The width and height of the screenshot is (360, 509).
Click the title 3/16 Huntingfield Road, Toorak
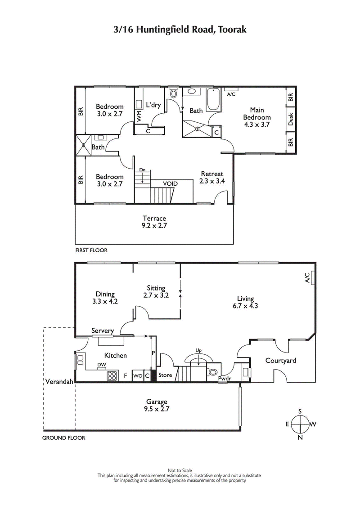180,30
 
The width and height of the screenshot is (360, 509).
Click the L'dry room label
153,105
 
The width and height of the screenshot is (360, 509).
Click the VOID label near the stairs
170,184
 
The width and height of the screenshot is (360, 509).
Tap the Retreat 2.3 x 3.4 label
211,178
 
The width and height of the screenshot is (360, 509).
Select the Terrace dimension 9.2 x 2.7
154,226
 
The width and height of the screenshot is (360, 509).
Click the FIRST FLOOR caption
91,250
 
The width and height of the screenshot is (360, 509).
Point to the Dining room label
104,295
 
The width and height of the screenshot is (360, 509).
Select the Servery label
102,331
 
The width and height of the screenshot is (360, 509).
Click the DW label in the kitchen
102,365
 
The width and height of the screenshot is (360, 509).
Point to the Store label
165,375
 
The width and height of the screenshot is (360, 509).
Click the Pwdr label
224,379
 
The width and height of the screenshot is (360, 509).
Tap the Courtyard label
280,360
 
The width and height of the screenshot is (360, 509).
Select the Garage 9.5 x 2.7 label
156,405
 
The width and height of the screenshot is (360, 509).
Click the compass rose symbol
300,424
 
